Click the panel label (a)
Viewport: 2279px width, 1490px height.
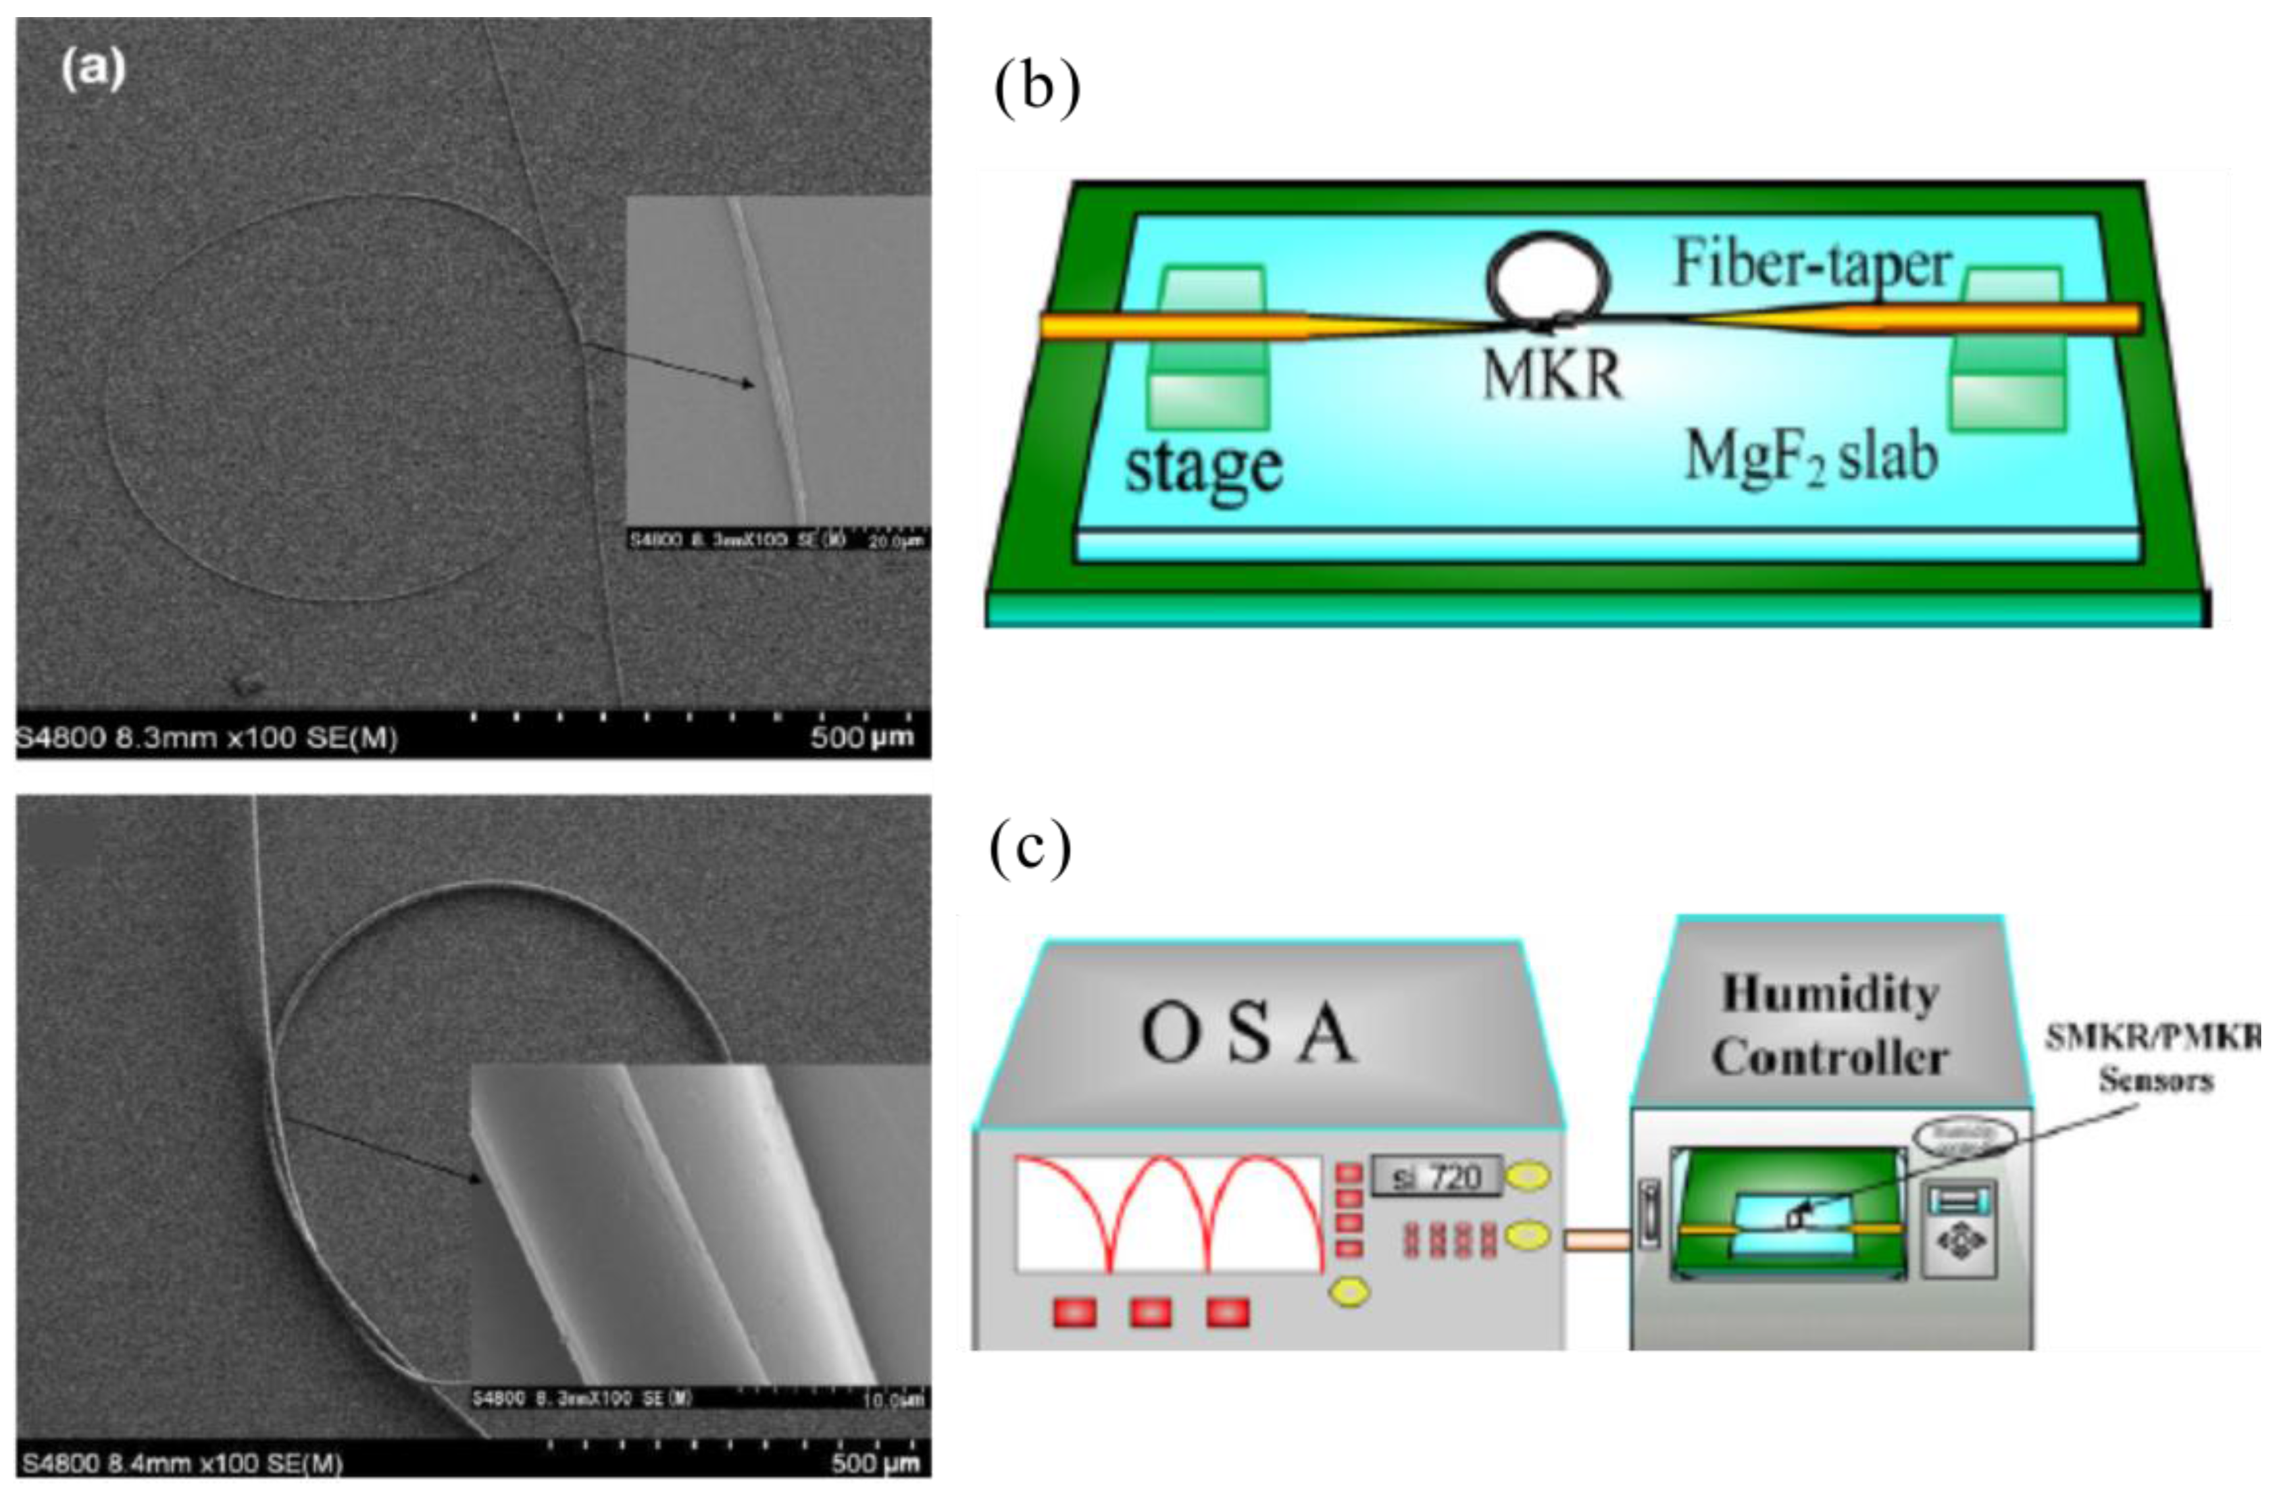[93, 71]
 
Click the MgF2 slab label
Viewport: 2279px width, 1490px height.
[1811, 457]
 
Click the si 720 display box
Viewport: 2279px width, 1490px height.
[1436, 1177]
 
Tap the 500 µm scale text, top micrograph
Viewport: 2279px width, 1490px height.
[862, 737]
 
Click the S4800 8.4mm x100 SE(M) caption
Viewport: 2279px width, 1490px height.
[182, 1463]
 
